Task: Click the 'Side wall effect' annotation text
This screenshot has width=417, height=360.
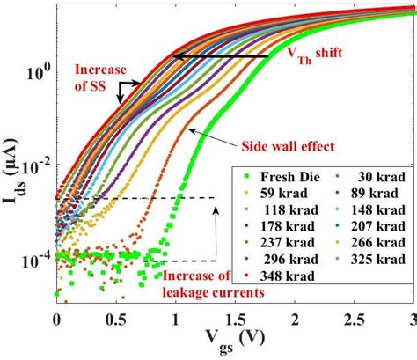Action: pos(282,144)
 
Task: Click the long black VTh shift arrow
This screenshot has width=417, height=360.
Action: pos(220,56)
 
